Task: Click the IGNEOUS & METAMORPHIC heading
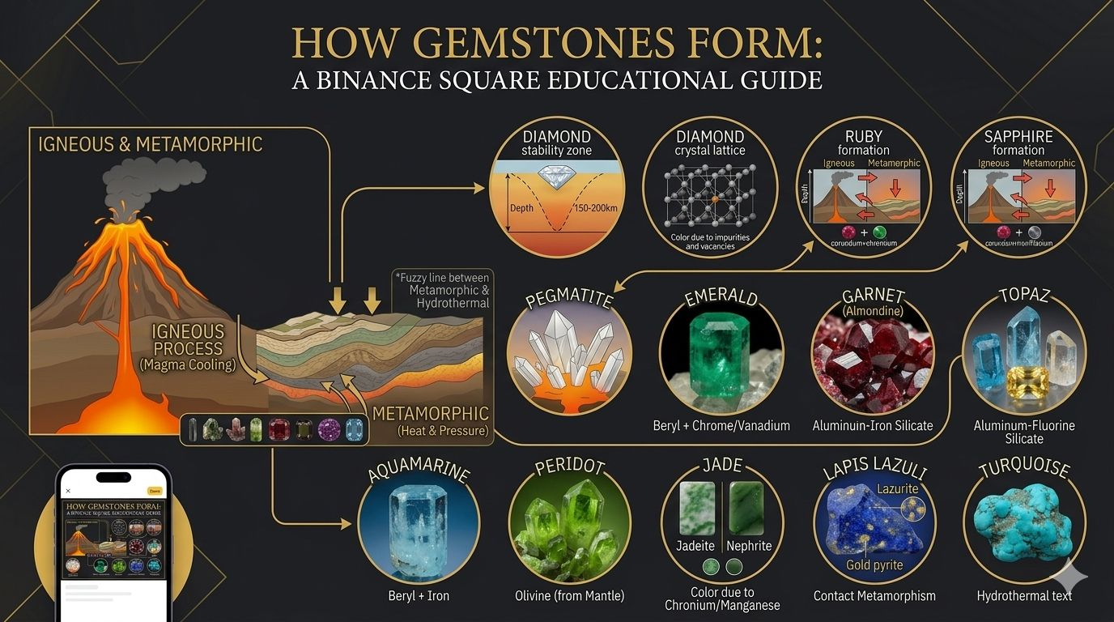[151, 145]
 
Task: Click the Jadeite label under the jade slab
[695, 546]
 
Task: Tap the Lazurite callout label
[897, 488]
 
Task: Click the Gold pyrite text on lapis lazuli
[875, 564]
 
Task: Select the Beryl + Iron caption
[418, 596]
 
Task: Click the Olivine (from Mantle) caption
[569, 596]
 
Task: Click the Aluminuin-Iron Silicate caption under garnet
[873, 425]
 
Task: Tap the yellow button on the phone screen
[155, 491]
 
